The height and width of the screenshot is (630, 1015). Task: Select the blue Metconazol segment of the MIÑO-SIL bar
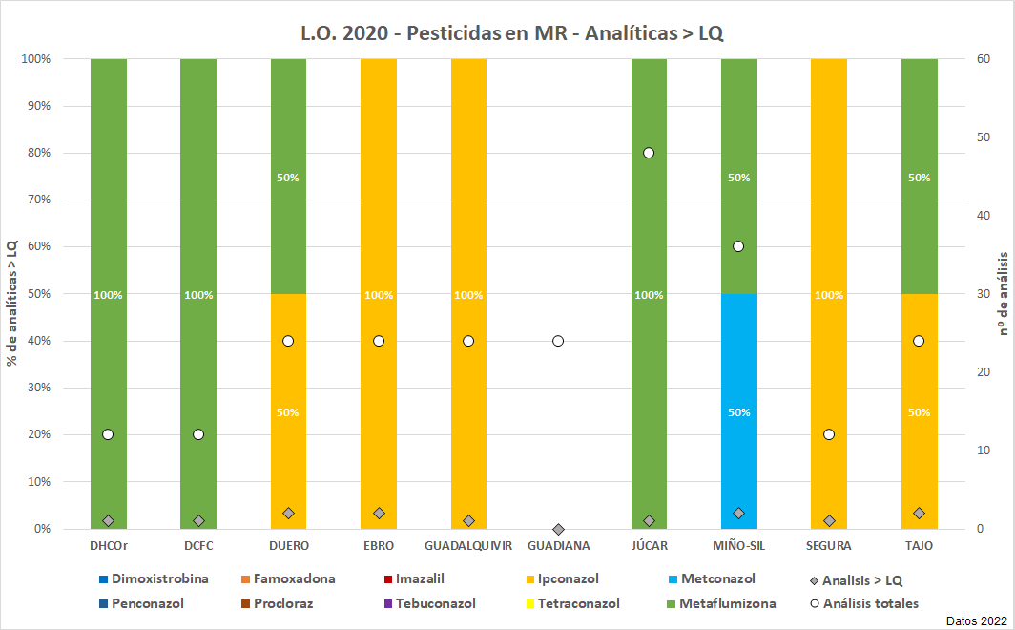(x=738, y=410)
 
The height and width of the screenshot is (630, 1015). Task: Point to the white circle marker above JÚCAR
(x=649, y=153)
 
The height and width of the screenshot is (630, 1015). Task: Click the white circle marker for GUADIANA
(x=558, y=341)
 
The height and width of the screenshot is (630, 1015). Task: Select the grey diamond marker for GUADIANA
(x=558, y=529)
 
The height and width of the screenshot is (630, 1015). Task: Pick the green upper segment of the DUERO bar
(x=288, y=177)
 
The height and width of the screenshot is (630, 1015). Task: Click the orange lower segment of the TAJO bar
(x=919, y=410)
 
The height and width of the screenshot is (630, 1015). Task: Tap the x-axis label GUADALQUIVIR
(x=468, y=546)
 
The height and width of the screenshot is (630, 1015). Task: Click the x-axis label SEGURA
(x=828, y=546)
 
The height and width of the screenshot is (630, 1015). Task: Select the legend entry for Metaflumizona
(x=727, y=603)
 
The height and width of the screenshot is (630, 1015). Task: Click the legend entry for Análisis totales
(x=862, y=603)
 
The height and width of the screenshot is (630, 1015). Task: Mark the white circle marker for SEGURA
(x=828, y=434)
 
